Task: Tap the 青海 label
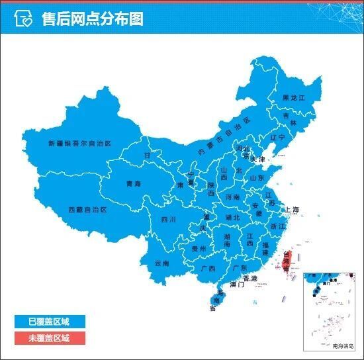tap(134, 185)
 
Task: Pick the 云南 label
tap(161, 263)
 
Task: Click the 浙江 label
tap(278, 226)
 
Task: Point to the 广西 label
tap(207, 269)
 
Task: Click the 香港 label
tap(250, 278)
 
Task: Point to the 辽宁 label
tap(277, 138)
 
